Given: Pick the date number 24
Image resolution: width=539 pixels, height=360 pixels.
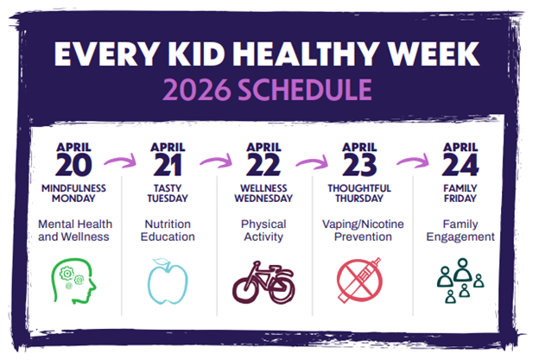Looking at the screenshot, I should pos(457,164).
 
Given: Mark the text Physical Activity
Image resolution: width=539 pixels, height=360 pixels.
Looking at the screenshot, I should pos(263,230).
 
